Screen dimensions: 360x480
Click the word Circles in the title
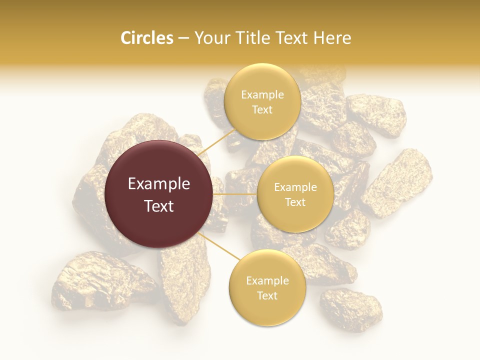coord(146,38)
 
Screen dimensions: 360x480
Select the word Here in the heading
coord(332,38)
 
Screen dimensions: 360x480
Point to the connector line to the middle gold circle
coord(234,194)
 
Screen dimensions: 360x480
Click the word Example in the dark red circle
coord(159,184)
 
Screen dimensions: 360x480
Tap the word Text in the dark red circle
coord(159,206)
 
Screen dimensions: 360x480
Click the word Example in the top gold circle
coord(262,94)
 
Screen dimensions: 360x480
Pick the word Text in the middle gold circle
coord(295,202)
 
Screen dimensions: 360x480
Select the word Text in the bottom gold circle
coord(267,295)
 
